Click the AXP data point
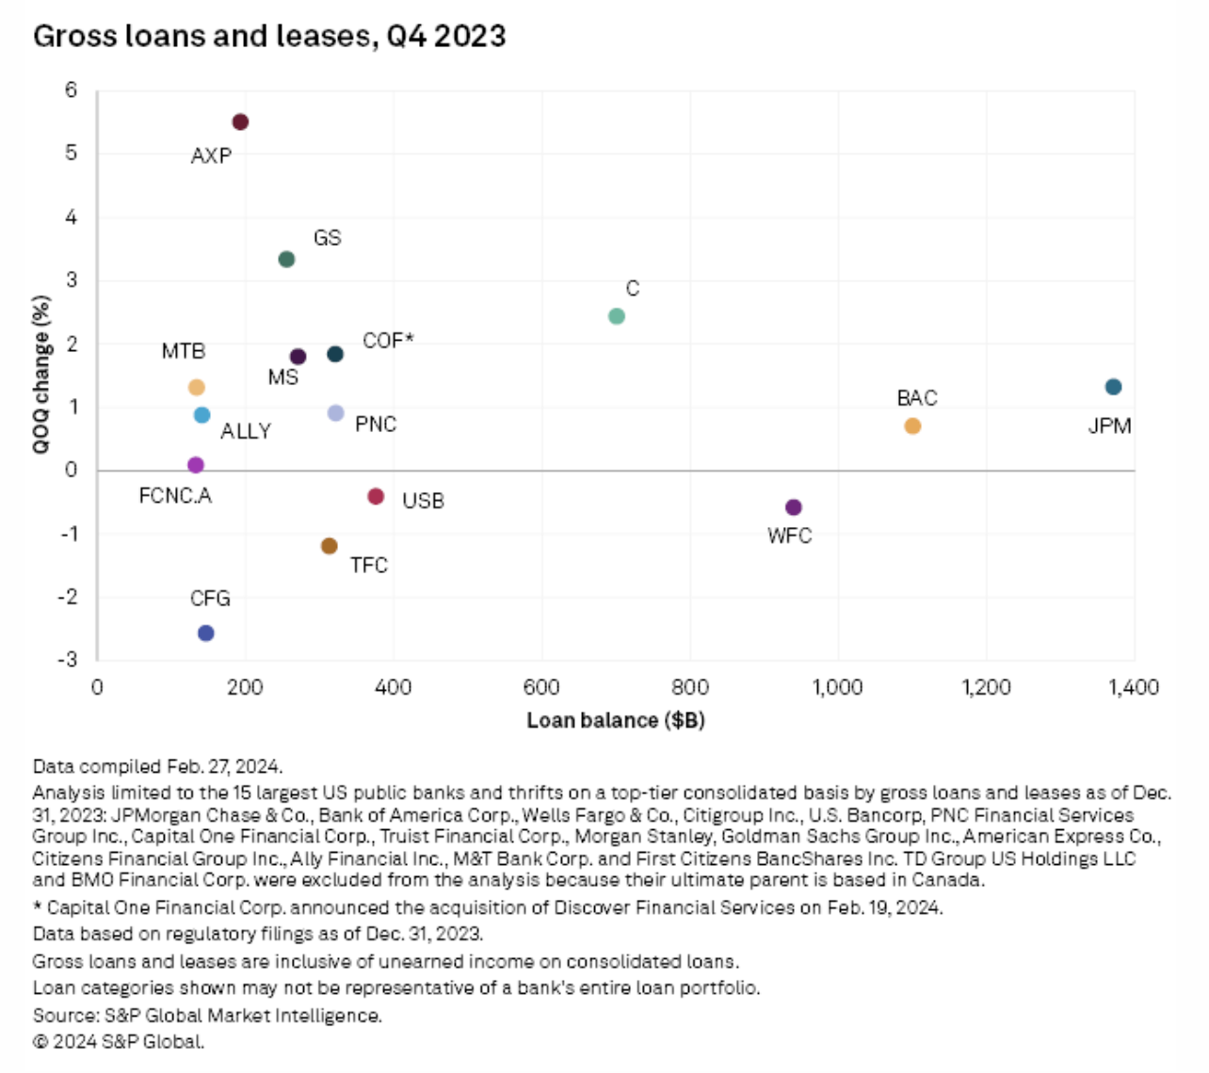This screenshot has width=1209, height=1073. [240, 122]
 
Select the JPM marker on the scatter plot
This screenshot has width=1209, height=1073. [1113, 387]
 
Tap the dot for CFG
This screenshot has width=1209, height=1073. [206, 633]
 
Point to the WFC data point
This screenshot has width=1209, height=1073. [794, 507]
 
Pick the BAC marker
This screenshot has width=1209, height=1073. [912, 426]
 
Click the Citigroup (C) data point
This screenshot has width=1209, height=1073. [617, 316]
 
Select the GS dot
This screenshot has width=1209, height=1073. [287, 260]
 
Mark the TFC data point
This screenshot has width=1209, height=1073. [330, 547]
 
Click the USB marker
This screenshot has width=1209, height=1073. [376, 497]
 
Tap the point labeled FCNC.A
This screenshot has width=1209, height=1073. [196, 465]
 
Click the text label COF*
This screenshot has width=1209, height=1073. [388, 341]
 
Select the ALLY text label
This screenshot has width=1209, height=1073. [246, 431]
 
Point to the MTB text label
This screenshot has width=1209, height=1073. [184, 351]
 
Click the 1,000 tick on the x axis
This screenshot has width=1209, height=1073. [838, 687]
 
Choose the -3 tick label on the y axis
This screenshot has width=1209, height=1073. [67, 660]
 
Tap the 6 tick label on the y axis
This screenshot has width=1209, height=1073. [72, 90]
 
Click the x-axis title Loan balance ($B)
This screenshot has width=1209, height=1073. [616, 721]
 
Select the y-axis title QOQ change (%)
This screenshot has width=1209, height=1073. [41, 375]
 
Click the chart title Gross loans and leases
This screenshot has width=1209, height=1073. [269, 36]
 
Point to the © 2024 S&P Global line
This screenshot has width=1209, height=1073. [119, 1042]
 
